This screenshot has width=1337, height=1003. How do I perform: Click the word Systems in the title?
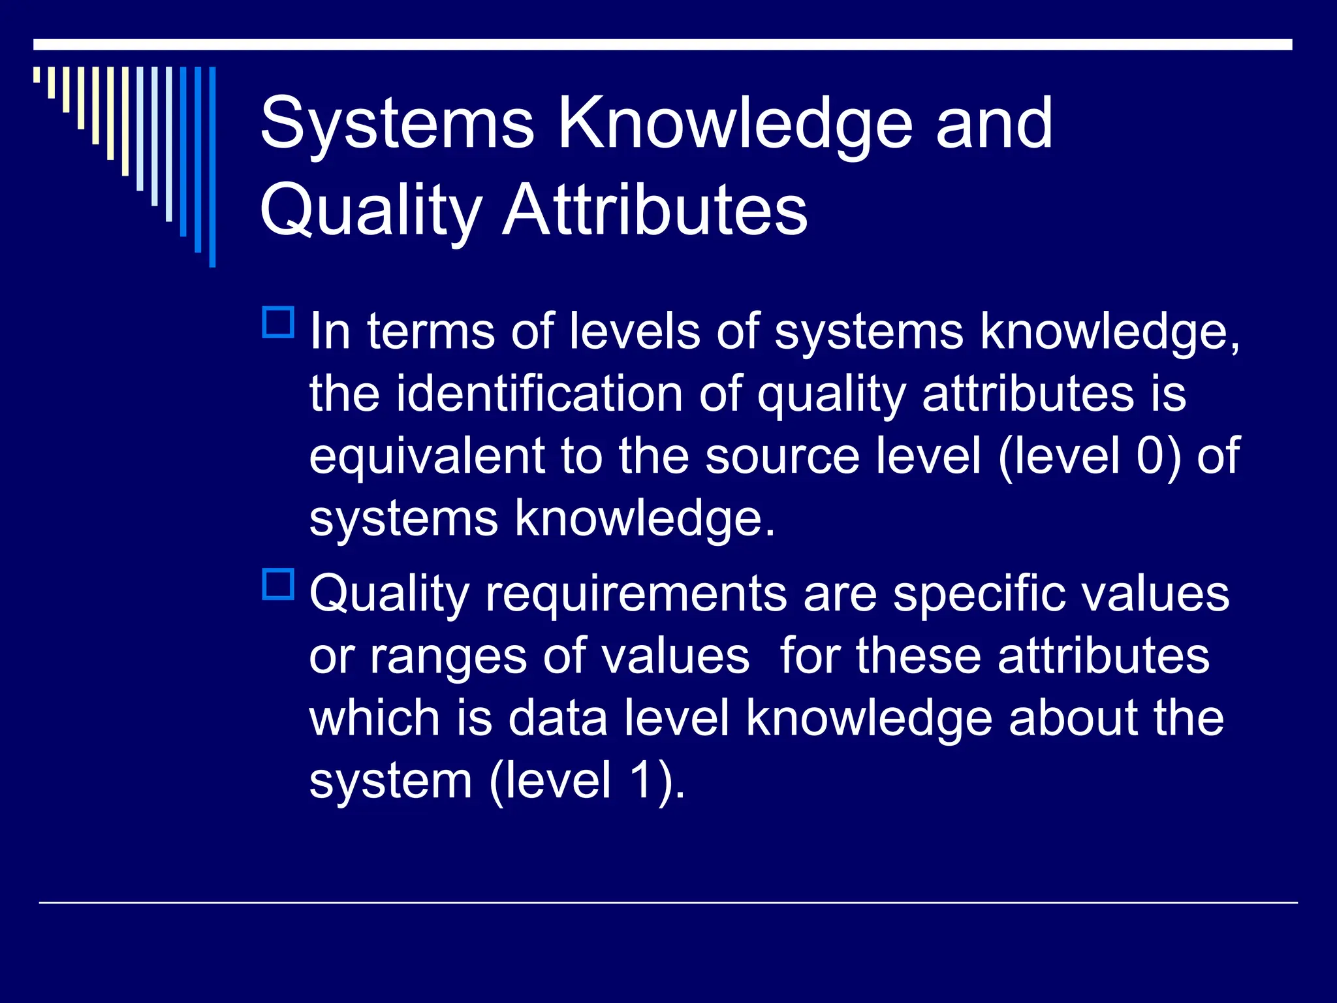pos(397,124)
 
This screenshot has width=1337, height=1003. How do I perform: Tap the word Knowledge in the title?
pos(735,124)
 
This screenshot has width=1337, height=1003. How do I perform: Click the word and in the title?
pos(994,124)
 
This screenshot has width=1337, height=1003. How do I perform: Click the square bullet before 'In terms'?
pos(278,322)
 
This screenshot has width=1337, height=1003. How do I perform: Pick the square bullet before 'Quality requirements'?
pos(278,584)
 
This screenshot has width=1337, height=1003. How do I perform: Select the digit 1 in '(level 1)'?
pos(641,780)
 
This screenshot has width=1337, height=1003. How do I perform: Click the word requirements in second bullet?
pos(636,594)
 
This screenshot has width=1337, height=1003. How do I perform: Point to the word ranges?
pos(448,656)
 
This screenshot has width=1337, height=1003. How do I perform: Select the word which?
pos(375,718)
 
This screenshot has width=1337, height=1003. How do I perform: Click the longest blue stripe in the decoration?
pos(212,167)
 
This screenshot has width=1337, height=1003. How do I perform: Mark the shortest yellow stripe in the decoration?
pos(37,74)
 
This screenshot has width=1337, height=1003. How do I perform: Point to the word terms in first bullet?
pos(430,332)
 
